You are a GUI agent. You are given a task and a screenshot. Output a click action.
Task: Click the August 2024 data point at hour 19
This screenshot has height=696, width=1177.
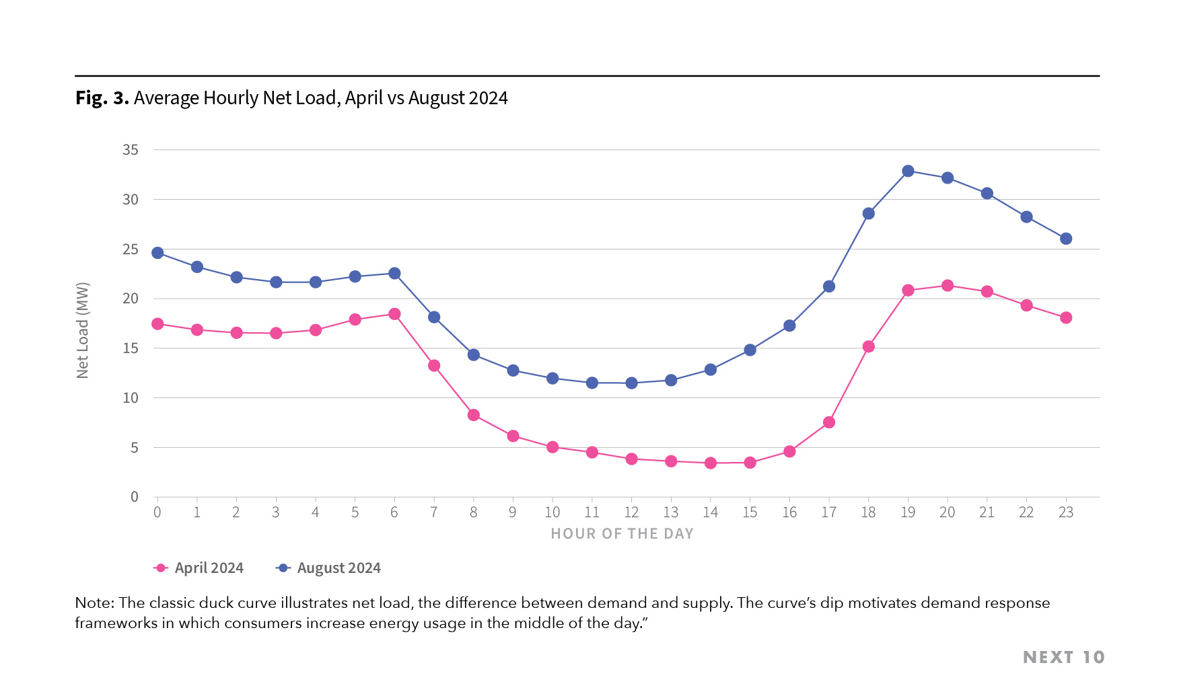coord(908,171)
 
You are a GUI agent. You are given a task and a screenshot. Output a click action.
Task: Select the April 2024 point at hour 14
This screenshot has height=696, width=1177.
coord(710,463)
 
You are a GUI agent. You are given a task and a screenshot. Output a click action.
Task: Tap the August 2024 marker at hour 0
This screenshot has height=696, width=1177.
coord(157,253)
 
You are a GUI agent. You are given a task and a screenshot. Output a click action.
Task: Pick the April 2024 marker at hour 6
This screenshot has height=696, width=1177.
coord(394,314)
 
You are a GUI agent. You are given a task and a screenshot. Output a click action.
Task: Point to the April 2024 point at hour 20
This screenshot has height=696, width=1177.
coord(948,286)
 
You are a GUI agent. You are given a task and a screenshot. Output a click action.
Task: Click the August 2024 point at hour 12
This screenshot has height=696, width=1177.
coord(631,383)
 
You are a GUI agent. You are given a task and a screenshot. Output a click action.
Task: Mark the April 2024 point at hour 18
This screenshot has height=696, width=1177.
coord(868,347)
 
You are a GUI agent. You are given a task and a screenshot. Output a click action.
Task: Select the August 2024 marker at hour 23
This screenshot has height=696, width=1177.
coord(1066,239)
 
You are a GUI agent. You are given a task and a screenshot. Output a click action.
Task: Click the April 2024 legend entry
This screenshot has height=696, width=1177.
coord(199,568)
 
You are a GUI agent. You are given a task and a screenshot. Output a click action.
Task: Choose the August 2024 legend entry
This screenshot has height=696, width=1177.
coord(329,568)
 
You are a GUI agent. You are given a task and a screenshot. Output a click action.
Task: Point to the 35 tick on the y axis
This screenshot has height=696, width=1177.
coord(131,150)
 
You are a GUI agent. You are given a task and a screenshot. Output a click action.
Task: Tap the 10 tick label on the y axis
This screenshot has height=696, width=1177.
coord(131,398)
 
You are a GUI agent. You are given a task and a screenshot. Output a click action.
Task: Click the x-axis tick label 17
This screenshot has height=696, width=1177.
coord(828,512)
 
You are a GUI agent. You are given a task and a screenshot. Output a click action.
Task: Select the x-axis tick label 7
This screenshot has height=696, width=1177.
coord(434,512)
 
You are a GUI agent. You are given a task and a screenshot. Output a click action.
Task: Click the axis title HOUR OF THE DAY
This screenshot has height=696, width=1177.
coord(622,534)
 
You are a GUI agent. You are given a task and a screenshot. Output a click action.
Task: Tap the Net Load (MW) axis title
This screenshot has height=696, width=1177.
coord(83,330)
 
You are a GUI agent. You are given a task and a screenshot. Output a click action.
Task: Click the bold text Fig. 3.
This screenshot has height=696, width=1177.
coord(102,98)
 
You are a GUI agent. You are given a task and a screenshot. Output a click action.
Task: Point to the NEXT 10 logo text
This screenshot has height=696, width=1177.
coord(1063,657)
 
